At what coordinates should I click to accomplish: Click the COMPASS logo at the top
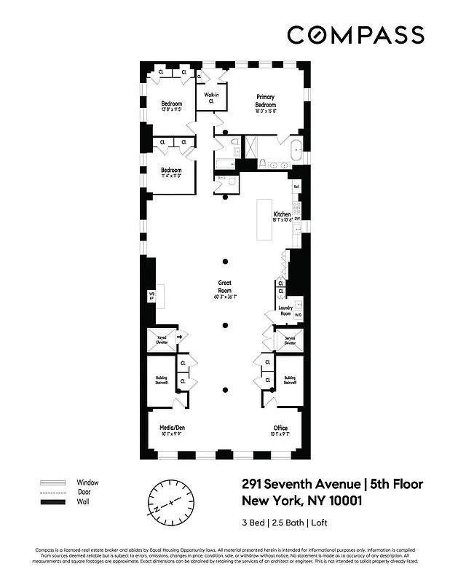tap(355, 34)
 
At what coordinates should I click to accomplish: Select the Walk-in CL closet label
tap(211, 98)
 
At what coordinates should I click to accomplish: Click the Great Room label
tap(225, 284)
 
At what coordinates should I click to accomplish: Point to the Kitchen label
tap(283, 215)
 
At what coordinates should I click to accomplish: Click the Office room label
tap(280, 428)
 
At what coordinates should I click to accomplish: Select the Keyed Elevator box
tap(162, 339)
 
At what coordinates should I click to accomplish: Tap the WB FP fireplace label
tap(152, 296)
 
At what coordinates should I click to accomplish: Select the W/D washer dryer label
tap(297, 315)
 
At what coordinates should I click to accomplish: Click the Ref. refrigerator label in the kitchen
tap(296, 187)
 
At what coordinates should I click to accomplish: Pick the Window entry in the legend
tap(87, 482)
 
